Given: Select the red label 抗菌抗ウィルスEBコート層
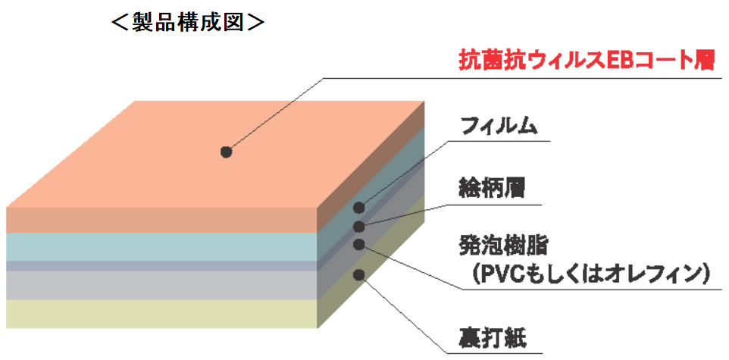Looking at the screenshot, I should [587, 61].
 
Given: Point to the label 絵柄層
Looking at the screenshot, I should [492, 186].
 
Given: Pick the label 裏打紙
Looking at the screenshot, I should [492, 336].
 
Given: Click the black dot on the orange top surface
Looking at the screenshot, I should [226, 152].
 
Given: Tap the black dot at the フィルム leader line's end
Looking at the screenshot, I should [359, 207].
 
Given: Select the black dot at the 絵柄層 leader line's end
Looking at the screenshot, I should [359, 226].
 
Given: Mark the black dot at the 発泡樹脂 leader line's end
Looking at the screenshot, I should [359, 244].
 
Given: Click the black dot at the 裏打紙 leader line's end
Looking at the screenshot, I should [359, 274].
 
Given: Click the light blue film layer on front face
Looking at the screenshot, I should [159, 247].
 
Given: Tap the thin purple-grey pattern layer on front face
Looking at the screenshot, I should [159, 266].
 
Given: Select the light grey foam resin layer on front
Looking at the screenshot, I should [159, 285].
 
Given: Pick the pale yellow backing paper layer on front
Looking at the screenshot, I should [159, 313].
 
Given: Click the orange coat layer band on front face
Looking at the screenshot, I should [159, 220].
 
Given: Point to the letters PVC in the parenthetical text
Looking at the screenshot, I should [500, 274].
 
